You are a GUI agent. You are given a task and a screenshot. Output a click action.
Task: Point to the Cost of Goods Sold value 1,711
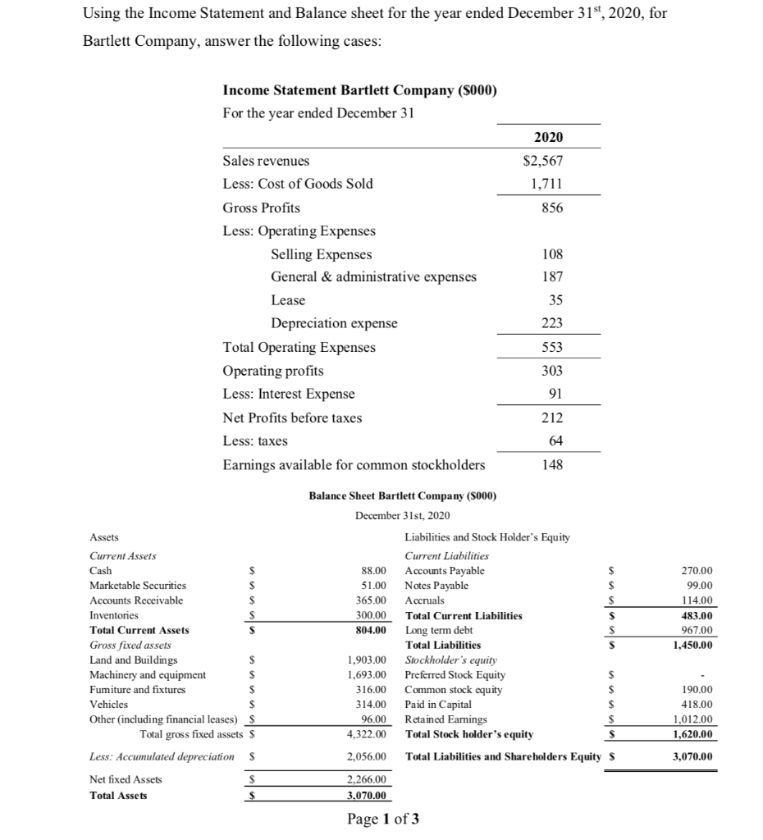(x=548, y=184)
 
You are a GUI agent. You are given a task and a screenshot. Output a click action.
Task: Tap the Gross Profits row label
(x=262, y=208)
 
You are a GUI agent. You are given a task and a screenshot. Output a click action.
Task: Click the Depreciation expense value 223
(x=551, y=323)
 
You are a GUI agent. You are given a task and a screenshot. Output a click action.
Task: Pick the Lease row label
(x=288, y=300)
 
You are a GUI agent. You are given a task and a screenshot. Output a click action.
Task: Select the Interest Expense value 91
(x=554, y=394)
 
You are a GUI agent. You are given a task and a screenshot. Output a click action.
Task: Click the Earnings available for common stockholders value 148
(x=551, y=465)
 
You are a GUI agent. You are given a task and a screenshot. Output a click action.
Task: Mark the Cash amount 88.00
(x=374, y=571)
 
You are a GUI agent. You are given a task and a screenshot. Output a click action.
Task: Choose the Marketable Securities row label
(x=138, y=586)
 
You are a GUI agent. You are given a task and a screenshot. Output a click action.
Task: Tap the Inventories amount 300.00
(x=371, y=614)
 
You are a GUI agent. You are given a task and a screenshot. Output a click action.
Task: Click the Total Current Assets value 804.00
(x=371, y=630)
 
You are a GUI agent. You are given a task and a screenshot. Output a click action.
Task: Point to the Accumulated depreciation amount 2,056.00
(x=367, y=756)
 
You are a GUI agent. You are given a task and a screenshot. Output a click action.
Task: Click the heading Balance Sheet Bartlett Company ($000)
(x=403, y=495)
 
